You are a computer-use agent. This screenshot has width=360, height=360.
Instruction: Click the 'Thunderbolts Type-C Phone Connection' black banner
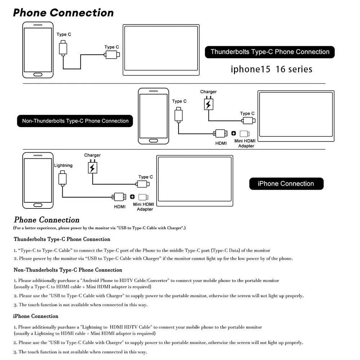click(x=270, y=52)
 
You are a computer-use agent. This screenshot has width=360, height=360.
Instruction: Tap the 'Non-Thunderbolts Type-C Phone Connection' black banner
click(x=75, y=121)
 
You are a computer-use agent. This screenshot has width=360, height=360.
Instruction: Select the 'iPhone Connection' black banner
click(x=286, y=184)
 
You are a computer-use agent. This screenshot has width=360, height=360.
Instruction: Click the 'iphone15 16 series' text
click(x=271, y=69)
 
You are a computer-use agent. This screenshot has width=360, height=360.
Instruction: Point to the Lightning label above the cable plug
click(x=63, y=166)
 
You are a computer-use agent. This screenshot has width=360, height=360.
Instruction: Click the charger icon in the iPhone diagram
click(x=93, y=167)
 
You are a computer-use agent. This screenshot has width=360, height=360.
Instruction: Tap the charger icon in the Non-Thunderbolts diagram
click(x=208, y=104)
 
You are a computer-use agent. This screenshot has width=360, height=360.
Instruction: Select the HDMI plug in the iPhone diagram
click(x=119, y=197)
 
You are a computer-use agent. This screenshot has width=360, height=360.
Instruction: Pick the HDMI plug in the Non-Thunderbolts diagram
click(x=221, y=134)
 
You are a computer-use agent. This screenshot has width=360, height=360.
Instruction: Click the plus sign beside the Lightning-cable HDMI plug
click(x=132, y=197)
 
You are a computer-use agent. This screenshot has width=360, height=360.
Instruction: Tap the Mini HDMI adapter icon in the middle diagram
click(x=245, y=134)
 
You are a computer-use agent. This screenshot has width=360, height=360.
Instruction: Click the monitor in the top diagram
click(x=161, y=50)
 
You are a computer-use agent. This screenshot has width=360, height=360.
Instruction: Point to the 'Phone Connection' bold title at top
click(x=63, y=13)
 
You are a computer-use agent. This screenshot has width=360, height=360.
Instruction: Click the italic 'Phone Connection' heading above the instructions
click(x=46, y=220)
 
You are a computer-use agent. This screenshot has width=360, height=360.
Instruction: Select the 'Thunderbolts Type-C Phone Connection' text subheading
click(x=62, y=239)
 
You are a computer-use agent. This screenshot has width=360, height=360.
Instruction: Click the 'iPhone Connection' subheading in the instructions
click(x=36, y=316)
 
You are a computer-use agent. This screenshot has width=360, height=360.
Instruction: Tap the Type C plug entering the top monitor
click(x=112, y=55)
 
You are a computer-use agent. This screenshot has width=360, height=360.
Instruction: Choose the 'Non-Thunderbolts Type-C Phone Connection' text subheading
click(x=68, y=270)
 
